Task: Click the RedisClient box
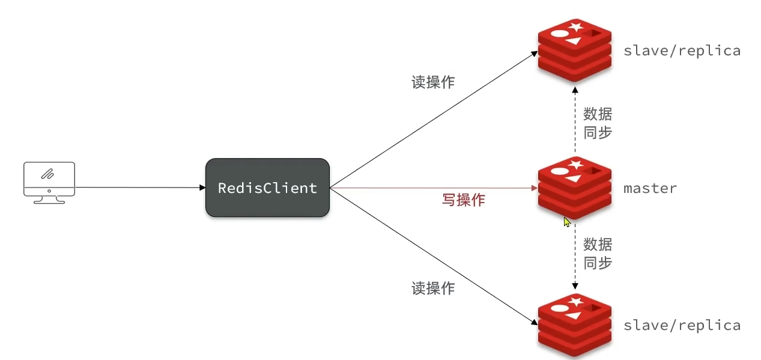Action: [x=267, y=188]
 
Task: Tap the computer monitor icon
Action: [x=49, y=182]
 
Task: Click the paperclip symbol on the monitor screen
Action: [x=47, y=174]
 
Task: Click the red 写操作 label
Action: [x=463, y=200]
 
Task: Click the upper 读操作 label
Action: [x=432, y=82]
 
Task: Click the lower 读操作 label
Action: [x=432, y=288]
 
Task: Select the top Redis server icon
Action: [x=574, y=49]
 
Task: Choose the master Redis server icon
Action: [x=574, y=188]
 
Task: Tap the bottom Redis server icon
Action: [x=574, y=325]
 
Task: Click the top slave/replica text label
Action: [x=682, y=50]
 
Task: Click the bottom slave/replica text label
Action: [x=682, y=325]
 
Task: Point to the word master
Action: [x=650, y=188]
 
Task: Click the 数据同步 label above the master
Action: [x=598, y=123]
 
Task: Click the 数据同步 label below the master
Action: [x=598, y=254]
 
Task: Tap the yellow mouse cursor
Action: [x=566, y=222]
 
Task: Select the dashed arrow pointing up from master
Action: [x=575, y=120]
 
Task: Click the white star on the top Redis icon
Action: [x=576, y=26]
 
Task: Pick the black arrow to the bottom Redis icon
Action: [x=432, y=255]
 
